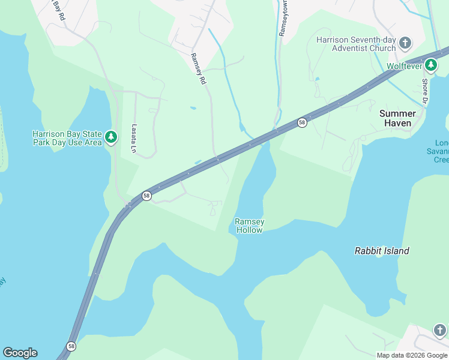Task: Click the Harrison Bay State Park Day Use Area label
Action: tap(66, 138)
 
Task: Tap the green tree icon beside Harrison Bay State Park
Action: tap(110, 138)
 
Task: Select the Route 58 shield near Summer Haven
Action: tap(302, 122)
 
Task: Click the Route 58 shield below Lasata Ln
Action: tap(146, 196)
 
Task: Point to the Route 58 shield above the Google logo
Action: tap(71, 346)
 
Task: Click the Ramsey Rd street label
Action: tap(198, 68)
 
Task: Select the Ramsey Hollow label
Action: tap(250, 226)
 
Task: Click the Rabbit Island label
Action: tap(382, 251)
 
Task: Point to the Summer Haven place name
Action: tap(397, 118)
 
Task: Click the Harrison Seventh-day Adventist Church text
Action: tap(357, 44)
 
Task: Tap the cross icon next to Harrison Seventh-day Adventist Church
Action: tap(406, 43)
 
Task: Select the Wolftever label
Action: tap(405, 66)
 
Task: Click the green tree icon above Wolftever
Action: tap(430, 64)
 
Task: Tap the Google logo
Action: tap(20, 353)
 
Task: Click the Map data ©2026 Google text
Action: tap(412, 355)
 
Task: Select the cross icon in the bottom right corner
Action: tap(440, 331)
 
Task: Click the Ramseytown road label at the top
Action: tap(283, 18)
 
